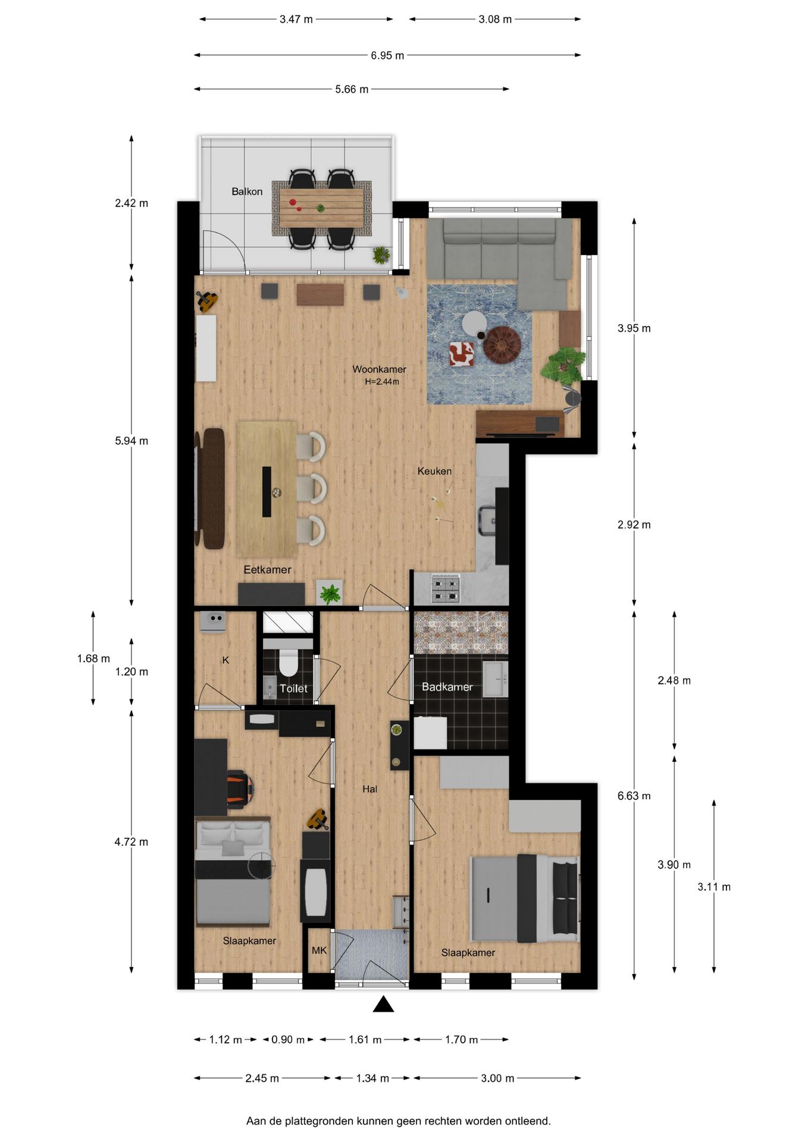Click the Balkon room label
[247, 192]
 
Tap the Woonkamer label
[379, 369]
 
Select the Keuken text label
[434, 471]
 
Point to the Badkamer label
[447, 687]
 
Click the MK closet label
[319, 950]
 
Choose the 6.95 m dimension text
[387, 55]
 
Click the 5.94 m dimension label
[131, 441]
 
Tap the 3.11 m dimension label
[713, 887]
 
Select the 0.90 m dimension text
[288, 1040]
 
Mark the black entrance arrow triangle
[384, 1005]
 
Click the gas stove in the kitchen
[446, 588]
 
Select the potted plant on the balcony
[381, 255]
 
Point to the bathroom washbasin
[494, 678]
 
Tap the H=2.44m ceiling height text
[382, 382]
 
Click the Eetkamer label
[267, 570]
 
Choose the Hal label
[369, 789]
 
